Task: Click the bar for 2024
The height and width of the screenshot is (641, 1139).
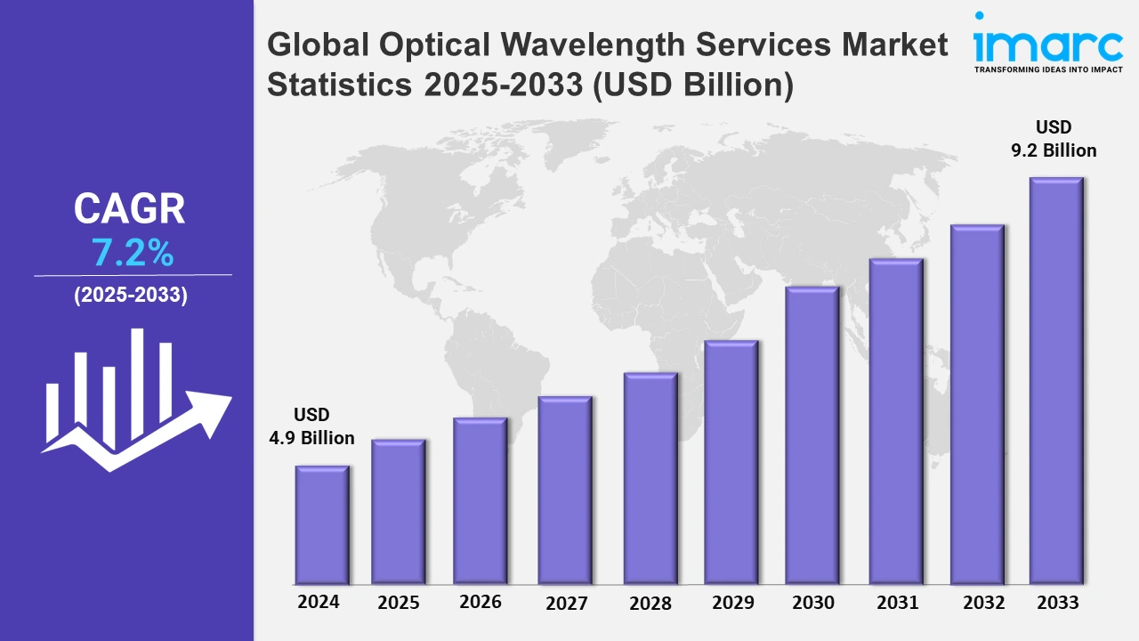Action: [x=322, y=524]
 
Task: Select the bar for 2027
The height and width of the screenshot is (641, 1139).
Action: [x=565, y=490]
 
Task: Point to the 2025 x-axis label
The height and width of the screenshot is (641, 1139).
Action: [x=399, y=603]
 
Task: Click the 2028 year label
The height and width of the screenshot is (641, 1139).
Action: [x=650, y=603]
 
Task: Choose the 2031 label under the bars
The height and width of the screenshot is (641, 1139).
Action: [x=896, y=603]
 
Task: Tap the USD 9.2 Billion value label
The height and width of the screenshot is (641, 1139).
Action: [x=1054, y=139]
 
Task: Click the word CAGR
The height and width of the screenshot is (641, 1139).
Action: [x=130, y=209]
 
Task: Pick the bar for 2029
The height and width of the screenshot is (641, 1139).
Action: [x=731, y=462]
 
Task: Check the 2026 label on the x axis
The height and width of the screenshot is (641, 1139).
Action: [x=481, y=602]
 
